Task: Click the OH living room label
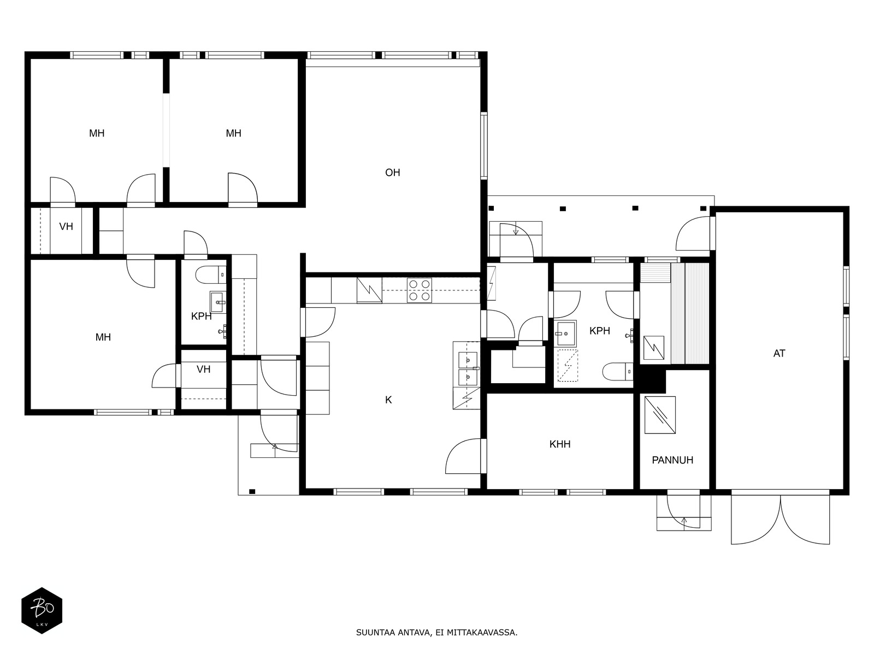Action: tap(392, 172)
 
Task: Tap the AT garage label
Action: tap(779, 353)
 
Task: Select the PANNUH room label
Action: tap(672, 460)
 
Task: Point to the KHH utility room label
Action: tap(560, 444)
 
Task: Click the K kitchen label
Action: tap(388, 400)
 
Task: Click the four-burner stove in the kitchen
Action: tap(420, 290)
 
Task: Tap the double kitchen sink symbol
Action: tap(468, 368)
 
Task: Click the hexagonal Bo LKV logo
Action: tap(42, 610)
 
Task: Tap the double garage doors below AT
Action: tap(781, 519)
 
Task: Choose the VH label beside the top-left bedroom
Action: tap(66, 227)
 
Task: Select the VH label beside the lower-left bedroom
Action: tap(203, 370)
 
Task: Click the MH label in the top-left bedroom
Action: tap(97, 133)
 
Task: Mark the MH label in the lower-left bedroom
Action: tap(103, 337)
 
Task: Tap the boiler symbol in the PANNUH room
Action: tap(660, 415)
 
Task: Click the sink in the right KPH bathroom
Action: tap(566, 334)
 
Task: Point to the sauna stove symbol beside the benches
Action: tap(654, 348)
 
